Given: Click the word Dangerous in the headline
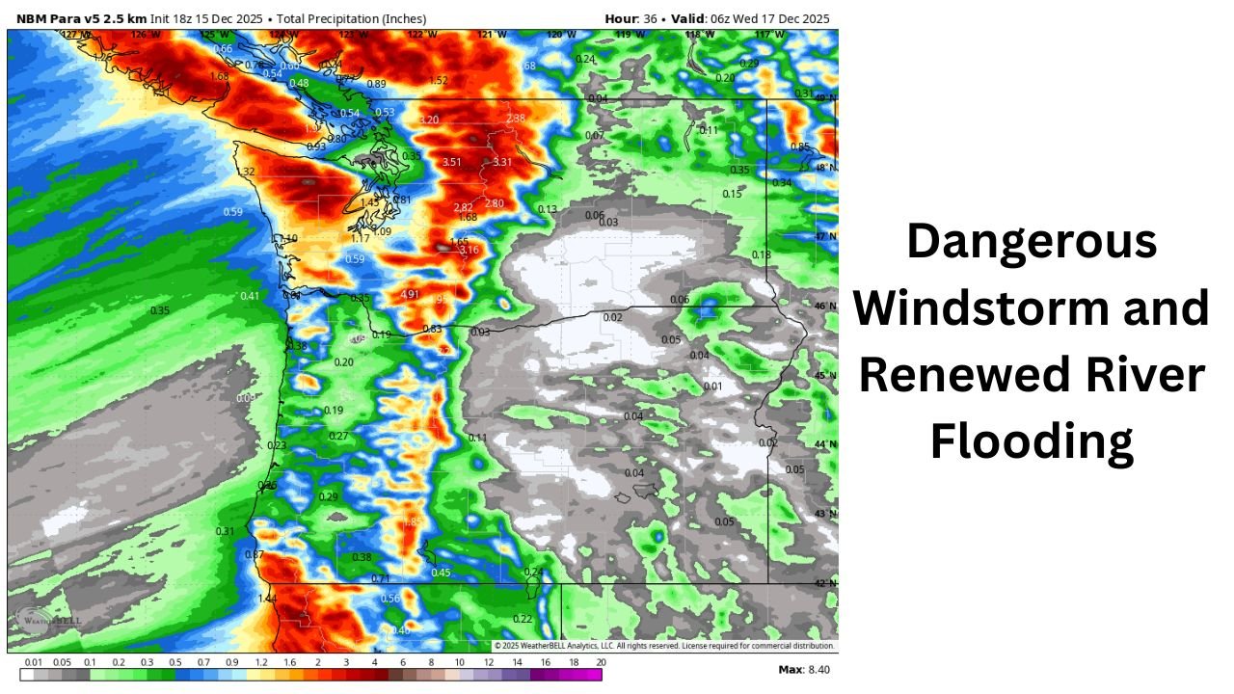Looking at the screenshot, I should tap(1032, 240).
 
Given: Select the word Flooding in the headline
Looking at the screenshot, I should tap(1032, 442).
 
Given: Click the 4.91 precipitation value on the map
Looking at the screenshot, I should tap(410, 294).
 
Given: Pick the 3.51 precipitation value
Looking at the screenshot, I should tap(453, 162).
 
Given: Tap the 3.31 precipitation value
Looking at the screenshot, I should tap(502, 162).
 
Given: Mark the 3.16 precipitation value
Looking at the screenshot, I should tap(469, 251).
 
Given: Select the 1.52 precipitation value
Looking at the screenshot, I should tap(439, 81).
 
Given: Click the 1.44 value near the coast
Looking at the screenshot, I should tap(267, 599).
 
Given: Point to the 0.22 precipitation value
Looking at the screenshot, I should tap(523, 619).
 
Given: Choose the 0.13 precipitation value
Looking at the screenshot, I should tap(548, 209).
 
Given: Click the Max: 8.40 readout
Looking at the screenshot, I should tap(802, 669).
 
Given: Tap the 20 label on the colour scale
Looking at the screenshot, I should tap(601, 662).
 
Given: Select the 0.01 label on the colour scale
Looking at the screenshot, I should tap(34, 662).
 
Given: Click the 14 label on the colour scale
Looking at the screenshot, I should tap(517, 662).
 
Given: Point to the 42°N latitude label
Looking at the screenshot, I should tap(826, 583).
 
